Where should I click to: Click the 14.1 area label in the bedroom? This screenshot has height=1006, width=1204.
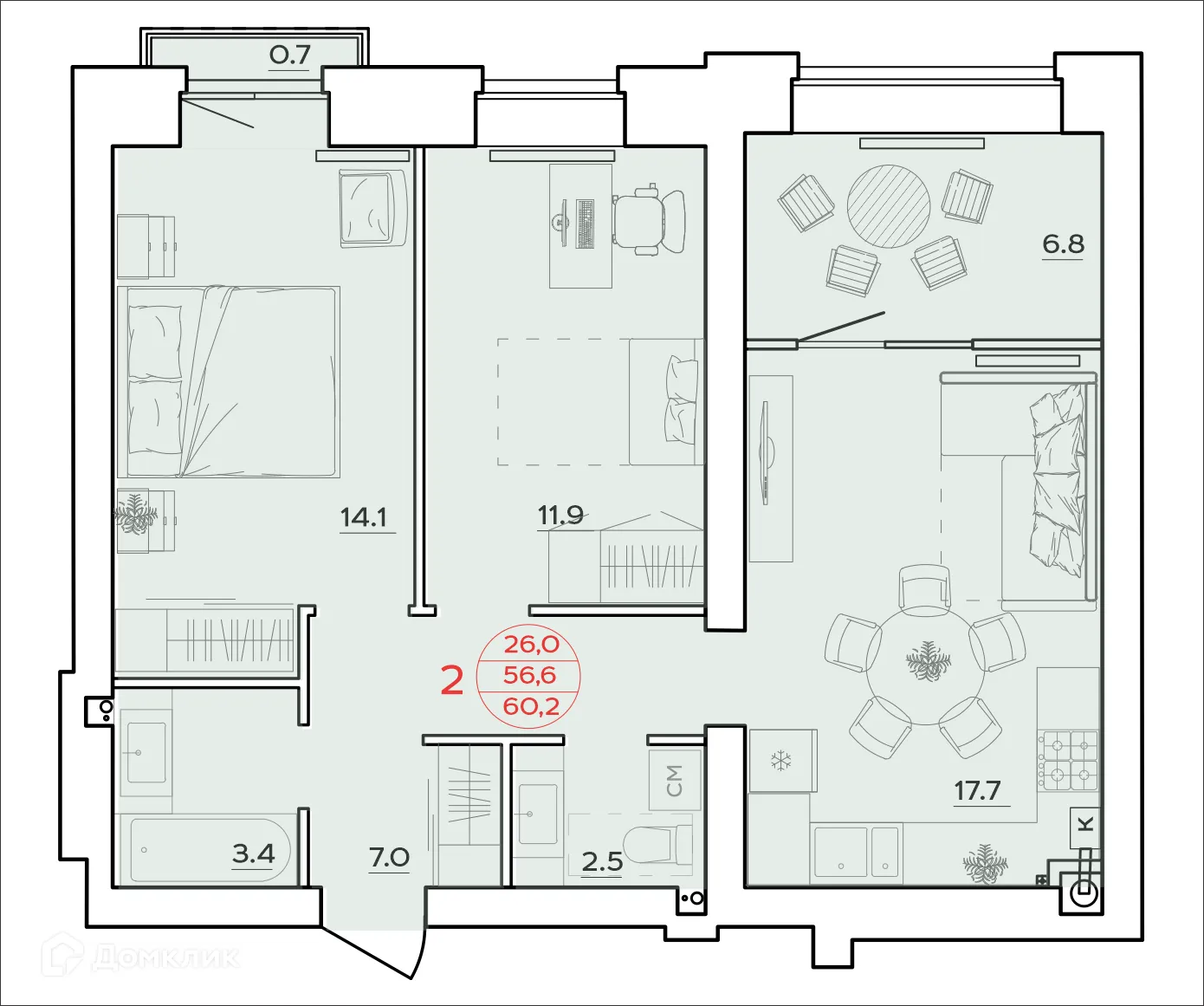(x=364, y=517)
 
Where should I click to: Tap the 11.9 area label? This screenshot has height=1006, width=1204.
(x=560, y=515)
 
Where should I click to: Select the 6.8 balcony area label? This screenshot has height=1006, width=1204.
(x=1063, y=244)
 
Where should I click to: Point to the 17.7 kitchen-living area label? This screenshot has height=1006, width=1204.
(x=977, y=790)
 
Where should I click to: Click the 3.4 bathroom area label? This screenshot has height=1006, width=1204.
(x=253, y=853)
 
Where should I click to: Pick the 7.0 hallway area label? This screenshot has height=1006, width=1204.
(x=389, y=857)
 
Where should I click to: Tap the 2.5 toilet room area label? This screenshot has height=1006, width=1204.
(x=602, y=861)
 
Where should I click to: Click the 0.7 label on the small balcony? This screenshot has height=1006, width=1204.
(x=289, y=55)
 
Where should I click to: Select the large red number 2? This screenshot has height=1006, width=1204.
(x=452, y=681)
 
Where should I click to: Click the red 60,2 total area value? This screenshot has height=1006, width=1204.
(x=531, y=706)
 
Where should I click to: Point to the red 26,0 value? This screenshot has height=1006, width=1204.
(x=531, y=644)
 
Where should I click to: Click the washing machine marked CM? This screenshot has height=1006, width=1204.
(x=675, y=779)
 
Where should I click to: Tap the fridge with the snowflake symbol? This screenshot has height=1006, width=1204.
(x=782, y=761)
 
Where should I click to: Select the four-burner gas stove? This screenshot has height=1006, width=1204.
(x=1070, y=761)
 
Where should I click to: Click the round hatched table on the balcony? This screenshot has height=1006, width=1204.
(x=888, y=207)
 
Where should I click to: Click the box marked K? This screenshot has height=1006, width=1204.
(x=1086, y=824)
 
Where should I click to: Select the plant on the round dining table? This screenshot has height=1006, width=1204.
(x=928, y=663)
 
